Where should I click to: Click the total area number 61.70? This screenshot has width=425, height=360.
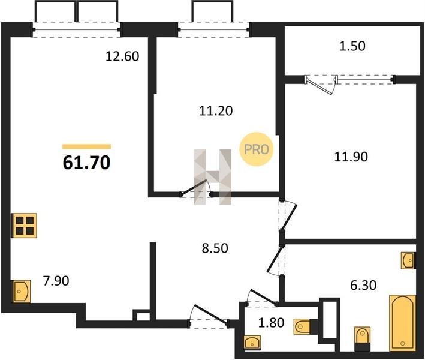(x=86, y=163)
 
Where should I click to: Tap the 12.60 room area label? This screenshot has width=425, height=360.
(x=122, y=56)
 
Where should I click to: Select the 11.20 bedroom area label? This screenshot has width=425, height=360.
(x=216, y=111)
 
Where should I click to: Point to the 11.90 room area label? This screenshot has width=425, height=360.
(x=351, y=157)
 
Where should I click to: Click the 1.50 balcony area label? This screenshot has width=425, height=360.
(x=352, y=46)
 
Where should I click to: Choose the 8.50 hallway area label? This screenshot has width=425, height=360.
(x=215, y=248)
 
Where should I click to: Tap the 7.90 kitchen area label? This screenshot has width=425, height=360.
(x=56, y=281)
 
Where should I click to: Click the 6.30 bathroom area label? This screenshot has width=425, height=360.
(x=363, y=286)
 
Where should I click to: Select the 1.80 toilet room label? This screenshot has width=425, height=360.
(x=272, y=323)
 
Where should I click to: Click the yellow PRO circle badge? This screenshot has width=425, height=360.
(x=257, y=149)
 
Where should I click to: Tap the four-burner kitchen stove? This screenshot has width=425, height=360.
(x=24, y=226)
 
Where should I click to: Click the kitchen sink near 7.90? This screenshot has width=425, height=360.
(x=21, y=292)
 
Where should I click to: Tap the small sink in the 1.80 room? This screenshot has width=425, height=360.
(x=252, y=341)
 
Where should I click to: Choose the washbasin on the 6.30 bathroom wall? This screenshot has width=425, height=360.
(x=408, y=260)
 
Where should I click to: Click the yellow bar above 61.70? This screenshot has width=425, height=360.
(x=86, y=146)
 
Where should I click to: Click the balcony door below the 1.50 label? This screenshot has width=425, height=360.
(x=321, y=85)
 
